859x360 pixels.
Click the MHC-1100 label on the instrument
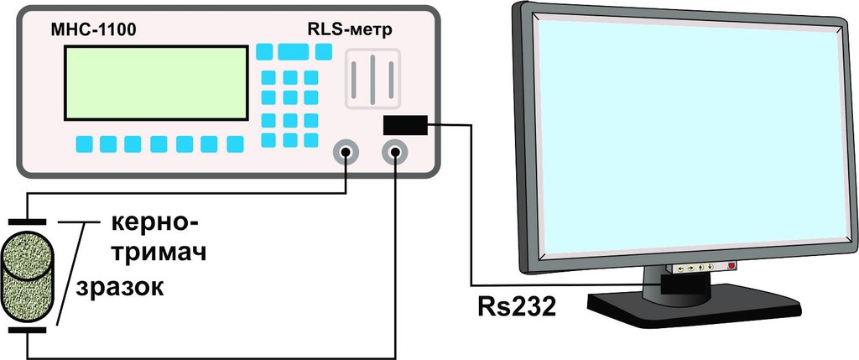[93, 31]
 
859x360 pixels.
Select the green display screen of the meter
[156, 83]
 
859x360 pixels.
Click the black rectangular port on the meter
[405, 125]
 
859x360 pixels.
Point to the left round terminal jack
[346, 153]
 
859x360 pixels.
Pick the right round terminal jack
[395, 153]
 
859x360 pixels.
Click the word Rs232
[517, 307]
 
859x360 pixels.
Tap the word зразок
[120, 287]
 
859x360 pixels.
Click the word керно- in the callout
[154, 223]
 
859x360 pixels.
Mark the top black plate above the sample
[28, 222]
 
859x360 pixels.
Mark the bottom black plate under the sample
[28, 331]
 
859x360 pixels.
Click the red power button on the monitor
[731, 266]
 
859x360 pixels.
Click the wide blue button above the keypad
[293, 51]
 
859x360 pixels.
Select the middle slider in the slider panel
[372, 80]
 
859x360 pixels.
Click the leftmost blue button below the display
[85, 144]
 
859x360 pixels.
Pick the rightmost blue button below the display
[235, 144]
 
